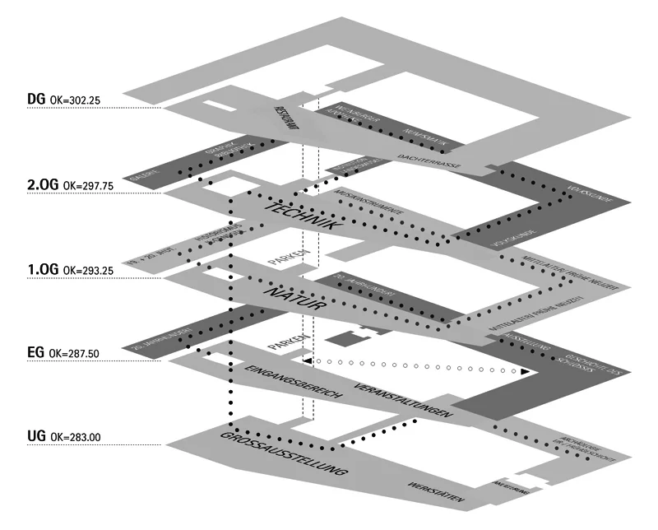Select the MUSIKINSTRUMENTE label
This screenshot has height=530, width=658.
[370, 202]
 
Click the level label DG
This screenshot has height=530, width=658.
[35, 100]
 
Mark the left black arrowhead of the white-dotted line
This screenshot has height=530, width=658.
[307, 360]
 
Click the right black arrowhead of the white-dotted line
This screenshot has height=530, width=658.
[524, 372]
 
